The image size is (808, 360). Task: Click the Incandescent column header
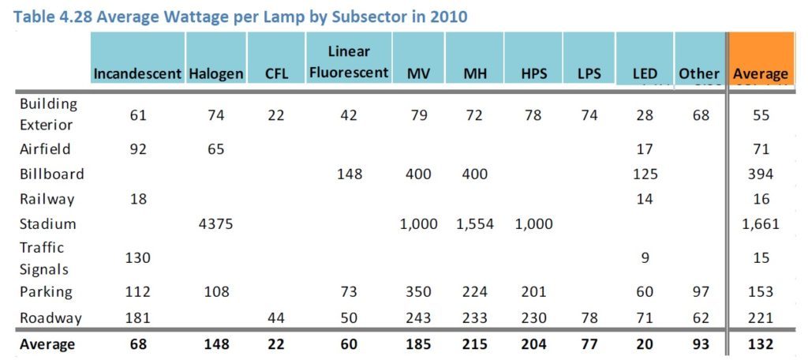(x=138, y=74)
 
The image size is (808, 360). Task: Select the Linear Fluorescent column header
(x=349, y=62)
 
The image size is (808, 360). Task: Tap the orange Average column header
(x=761, y=74)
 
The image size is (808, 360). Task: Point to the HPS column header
(x=533, y=74)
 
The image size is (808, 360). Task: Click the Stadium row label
(x=48, y=224)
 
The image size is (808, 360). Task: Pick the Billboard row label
(x=51, y=174)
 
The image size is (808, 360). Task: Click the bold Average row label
(x=47, y=344)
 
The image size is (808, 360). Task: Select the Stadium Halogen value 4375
(x=216, y=224)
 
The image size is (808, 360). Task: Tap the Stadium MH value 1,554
(x=474, y=224)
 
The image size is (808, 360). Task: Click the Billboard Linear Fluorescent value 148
(x=349, y=174)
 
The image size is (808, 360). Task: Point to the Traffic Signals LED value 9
(x=645, y=257)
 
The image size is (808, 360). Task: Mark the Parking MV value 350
(x=418, y=292)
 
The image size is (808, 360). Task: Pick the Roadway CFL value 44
(x=275, y=318)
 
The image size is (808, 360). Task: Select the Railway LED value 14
(x=645, y=199)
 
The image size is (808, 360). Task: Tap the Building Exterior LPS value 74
(x=589, y=115)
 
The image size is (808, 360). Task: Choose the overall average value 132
(x=761, y=344)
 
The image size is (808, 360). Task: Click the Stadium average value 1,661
(x=761, y=224)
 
